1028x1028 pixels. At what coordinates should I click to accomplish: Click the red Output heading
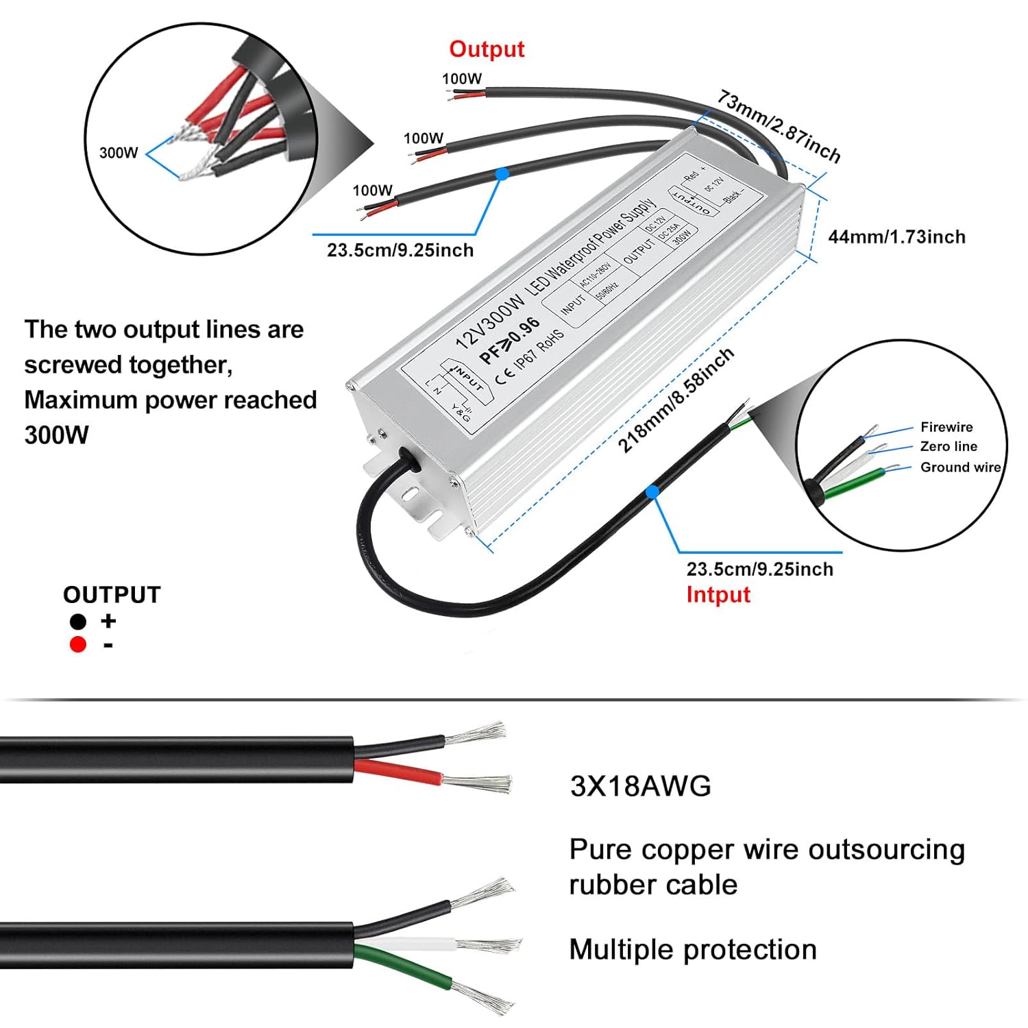point(487,49)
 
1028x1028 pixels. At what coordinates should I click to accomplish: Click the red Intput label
point(718,594)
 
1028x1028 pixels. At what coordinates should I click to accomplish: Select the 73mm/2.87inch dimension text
point(779,127)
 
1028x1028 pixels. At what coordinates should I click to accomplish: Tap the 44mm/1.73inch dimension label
point(896,237)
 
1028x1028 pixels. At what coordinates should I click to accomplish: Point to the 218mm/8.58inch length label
point(676,400)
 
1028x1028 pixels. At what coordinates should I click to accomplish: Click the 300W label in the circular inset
point(119,153)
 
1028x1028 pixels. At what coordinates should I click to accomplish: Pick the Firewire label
point(946,427)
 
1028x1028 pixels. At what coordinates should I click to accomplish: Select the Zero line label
point(948,446)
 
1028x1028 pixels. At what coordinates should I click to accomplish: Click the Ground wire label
point(959,467)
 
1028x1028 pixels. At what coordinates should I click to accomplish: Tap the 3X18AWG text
point(640,786)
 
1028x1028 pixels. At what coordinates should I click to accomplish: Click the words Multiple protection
point(692,950)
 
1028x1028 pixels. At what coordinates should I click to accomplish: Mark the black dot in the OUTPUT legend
point(78,622)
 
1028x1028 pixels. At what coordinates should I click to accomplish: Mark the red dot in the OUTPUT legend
point(78,644)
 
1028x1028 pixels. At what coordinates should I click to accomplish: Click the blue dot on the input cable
point(652,491)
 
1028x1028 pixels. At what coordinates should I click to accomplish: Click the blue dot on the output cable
point(502,174)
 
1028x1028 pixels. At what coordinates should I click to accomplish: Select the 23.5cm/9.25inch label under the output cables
point(400,250)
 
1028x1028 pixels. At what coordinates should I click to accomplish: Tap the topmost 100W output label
point(461,79)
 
